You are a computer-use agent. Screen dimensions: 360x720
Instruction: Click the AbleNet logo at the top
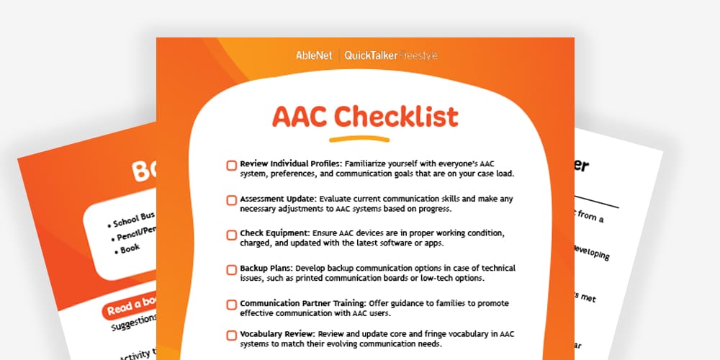[314, 55]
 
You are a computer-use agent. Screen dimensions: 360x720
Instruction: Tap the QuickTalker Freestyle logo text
[391, 55]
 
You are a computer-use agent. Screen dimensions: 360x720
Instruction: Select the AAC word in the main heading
[299, 116]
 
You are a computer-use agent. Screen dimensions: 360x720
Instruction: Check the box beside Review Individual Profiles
[231, 166]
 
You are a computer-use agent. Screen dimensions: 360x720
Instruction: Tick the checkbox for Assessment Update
[231, 200]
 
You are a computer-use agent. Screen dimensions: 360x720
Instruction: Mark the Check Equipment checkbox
[231, 235]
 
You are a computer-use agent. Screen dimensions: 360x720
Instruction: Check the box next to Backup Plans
[231, 270]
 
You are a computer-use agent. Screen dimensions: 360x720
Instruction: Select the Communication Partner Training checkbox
[231, 305]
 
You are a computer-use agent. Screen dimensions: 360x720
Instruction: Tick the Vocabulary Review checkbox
[231, 336]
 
